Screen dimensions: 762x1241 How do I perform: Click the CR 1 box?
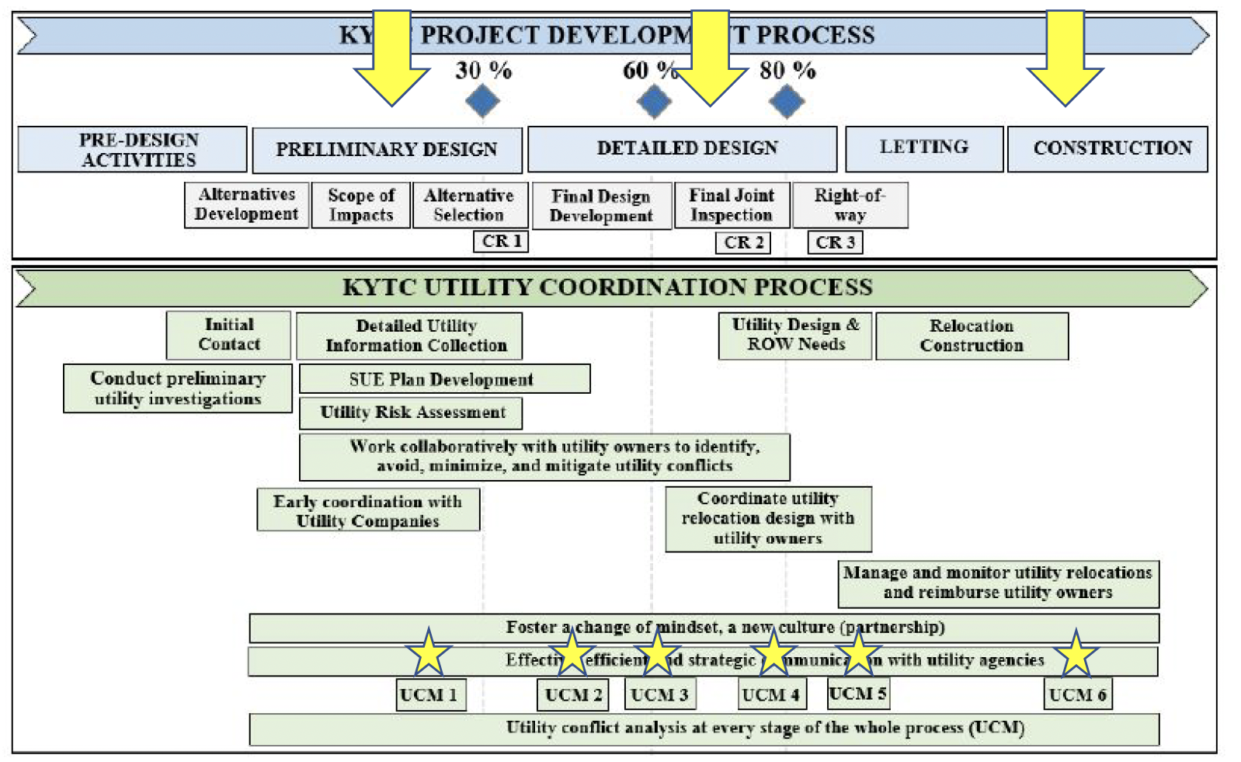tap(501, 242)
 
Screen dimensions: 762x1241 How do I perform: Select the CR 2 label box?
tap(743, 242)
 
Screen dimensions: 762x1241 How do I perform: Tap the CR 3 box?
tap(835, 242)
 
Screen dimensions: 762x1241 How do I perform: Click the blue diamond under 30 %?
tap(482, 101)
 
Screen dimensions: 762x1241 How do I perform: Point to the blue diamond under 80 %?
tap(787, 101)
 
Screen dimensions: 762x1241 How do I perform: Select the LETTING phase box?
tap(924, 148)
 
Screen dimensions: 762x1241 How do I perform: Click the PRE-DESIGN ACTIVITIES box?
tap(132, 149)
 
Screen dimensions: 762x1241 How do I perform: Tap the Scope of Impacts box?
tap(361, 205)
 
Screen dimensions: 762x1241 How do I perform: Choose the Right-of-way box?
tap(850, 205)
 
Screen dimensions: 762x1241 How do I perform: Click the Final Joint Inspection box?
tap(732, 205)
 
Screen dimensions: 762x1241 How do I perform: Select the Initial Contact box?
tap(228, 335)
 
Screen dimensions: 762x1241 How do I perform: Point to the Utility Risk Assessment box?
tap(411, 412)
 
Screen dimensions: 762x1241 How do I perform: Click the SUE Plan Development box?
tap(444, 379)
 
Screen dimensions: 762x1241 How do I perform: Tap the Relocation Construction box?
tap(972, 336)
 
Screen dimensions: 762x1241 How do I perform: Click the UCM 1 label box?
tap(431, 694)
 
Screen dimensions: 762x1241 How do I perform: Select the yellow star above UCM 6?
tap(1076, 654)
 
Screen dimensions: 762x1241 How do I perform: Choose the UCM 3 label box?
tap(659, 694)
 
